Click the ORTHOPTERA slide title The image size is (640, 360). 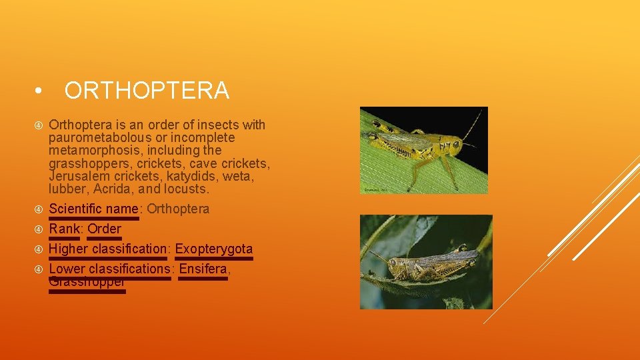pyautogui.click(x=147, y=90)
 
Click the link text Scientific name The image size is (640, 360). pyautogui.click(x=94, y=209)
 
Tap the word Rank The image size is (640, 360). pyautogui.click(x=64, y=229)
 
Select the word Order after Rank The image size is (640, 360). pyautogui.click(x=105, y=229)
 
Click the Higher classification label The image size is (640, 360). pyautogui.click(x=108, y=249)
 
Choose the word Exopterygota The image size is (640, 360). pyautogui.click(x=214, y=249)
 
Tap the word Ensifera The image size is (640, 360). pyautogui.click(x=204, y=269)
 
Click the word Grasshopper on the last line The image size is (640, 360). pyautogui.click(x=87, y=282)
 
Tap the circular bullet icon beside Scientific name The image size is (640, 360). pyautogui.click(x=39, y=209)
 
